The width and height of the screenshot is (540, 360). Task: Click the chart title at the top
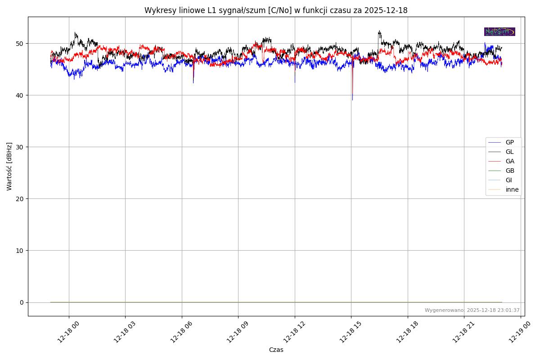tap(276, 10)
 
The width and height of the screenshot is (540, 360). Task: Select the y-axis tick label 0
tap(22, 302)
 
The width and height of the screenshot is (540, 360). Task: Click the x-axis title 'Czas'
tap(276, 350)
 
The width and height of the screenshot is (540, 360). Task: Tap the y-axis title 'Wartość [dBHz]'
tap(9, 166)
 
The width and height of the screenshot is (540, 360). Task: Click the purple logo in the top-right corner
tap(499, 31)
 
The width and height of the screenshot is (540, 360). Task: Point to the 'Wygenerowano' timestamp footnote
tap(472, 310)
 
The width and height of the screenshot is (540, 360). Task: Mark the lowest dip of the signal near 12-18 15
tap(352, 99)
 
